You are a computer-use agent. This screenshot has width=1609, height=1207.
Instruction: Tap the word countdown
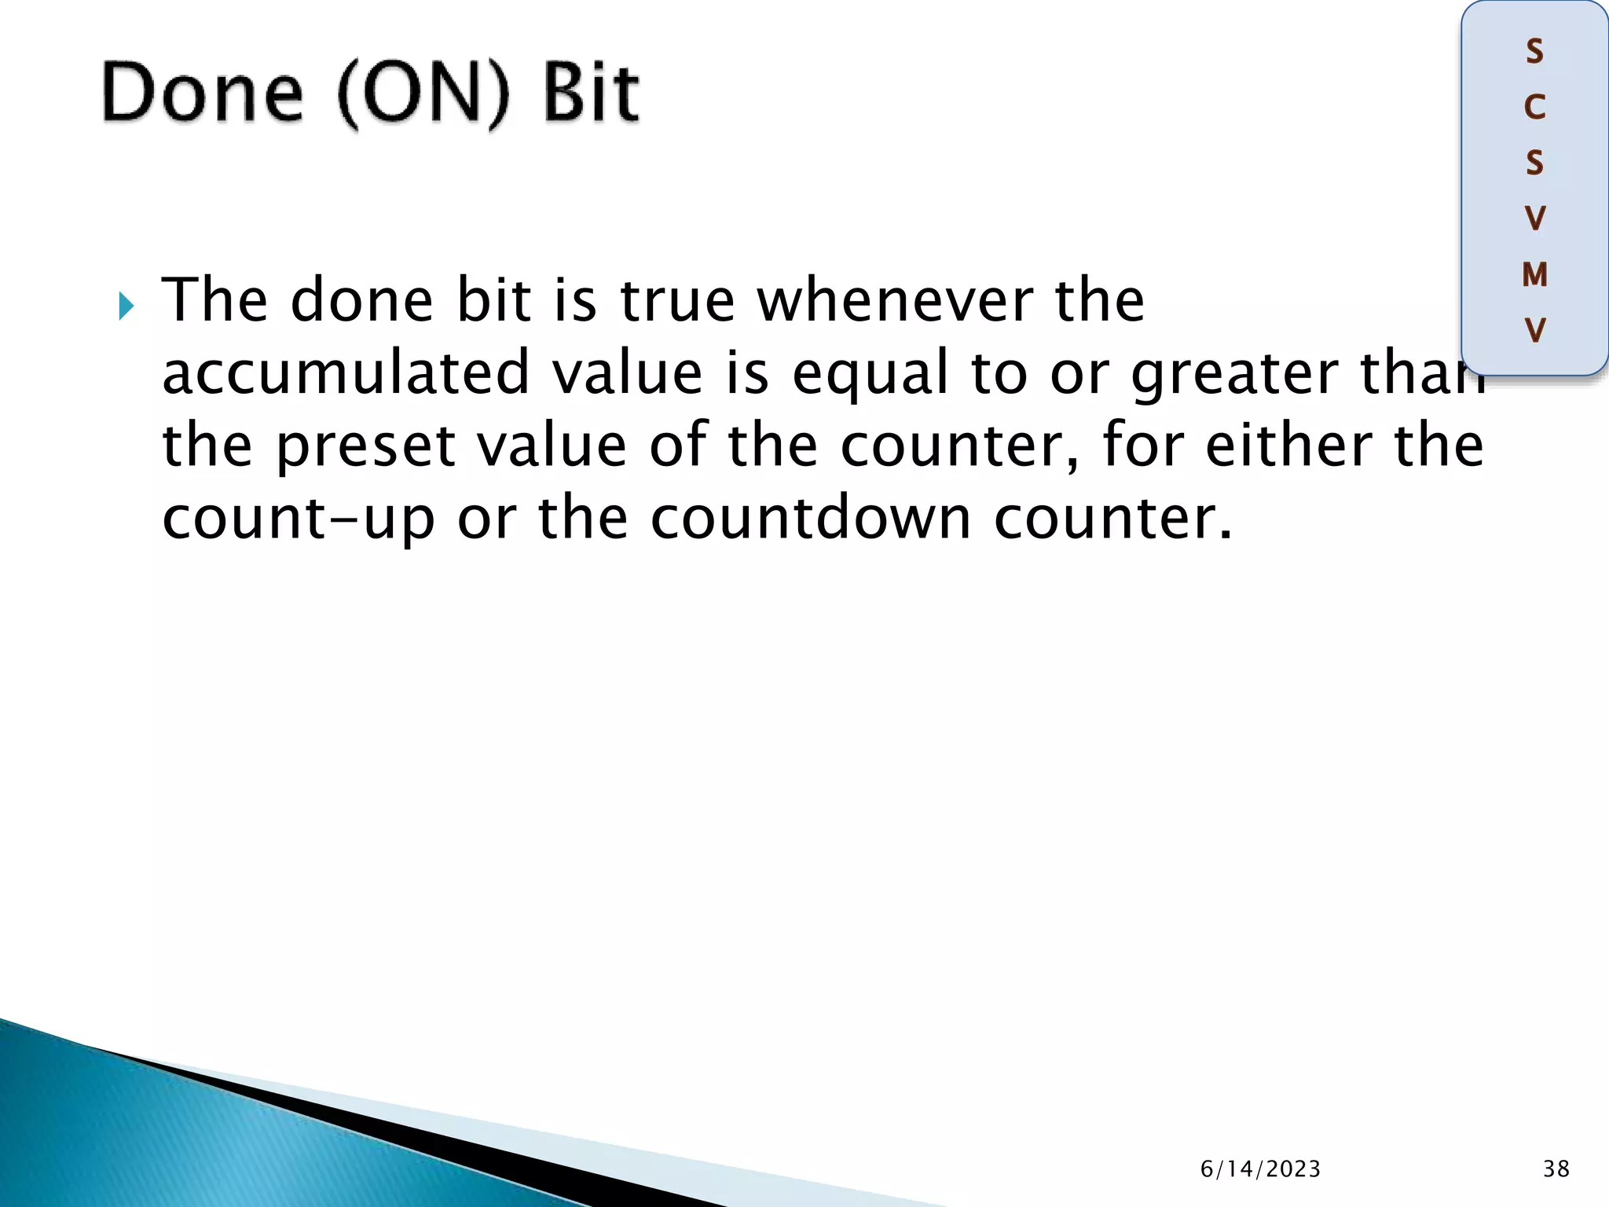click(811, 519)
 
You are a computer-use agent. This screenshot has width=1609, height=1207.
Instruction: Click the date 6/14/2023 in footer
click(1260, 1169)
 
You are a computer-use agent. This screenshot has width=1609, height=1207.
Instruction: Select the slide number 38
click(1556, 1169)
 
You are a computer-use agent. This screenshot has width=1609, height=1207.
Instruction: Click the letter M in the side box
click(1534, 275)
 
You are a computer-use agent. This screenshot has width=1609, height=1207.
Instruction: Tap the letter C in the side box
click(1534, 108)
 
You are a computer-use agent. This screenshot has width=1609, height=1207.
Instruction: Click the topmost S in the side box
click(1534, 52)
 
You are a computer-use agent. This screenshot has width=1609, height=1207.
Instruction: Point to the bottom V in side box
click(1534, 330)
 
